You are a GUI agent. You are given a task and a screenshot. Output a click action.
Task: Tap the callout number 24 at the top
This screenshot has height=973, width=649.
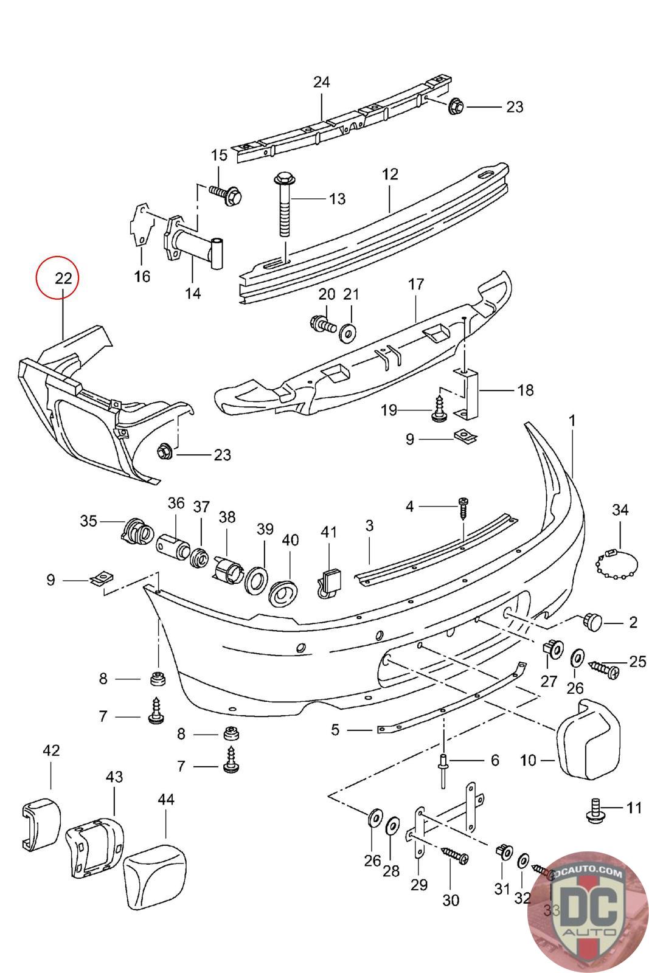(x=321, y=82)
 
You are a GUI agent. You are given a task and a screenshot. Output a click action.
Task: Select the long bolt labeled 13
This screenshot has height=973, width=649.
(x=283, y=204)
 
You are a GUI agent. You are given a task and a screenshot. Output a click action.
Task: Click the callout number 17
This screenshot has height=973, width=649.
(x=416, y=284)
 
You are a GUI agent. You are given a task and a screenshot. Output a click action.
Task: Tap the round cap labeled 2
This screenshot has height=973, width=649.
(x=592, y=622)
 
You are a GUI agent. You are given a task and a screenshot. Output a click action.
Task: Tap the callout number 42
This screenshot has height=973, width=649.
(x=51, y=750)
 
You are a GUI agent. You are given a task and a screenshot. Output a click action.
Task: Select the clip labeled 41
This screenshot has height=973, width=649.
(x=329, y=583)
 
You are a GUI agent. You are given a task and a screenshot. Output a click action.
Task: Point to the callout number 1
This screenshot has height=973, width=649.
(x=572, y=420)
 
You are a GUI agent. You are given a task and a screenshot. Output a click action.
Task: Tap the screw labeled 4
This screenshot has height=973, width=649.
(x=464, y=507)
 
